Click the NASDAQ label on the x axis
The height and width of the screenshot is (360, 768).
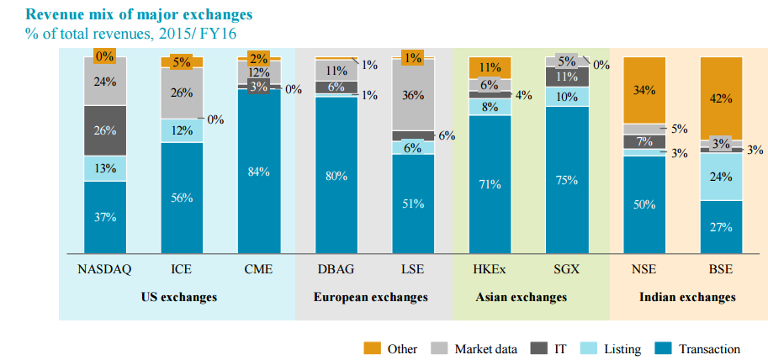[105, 269]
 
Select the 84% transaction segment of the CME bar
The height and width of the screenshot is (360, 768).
[259, 172]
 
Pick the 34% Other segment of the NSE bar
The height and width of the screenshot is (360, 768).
[644, 90]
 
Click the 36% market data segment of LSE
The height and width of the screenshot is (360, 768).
[413, 94]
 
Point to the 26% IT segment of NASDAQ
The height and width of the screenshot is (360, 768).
[105, 130]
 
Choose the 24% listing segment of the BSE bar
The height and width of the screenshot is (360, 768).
[722, 177]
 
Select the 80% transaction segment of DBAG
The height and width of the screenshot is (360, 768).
[336, 176]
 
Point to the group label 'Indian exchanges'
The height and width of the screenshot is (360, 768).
[687, 297]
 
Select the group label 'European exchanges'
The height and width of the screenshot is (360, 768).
[371, 297]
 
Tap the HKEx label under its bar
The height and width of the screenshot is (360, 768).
[490, 269]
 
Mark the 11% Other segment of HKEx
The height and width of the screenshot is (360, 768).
[490, 67]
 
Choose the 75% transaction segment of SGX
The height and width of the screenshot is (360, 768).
[568, 180]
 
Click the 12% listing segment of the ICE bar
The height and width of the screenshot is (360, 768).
[182, 130]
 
